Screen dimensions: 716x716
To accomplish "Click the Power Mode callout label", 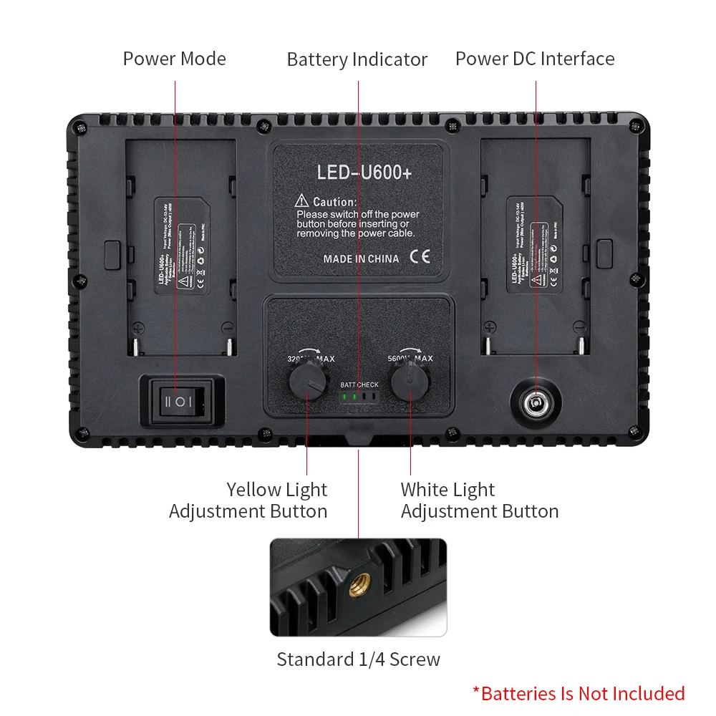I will [x=174, y=59].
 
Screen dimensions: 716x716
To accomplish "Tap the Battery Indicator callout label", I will [x=357, y=59].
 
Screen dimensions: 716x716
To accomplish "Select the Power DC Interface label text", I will [x=535, y=59].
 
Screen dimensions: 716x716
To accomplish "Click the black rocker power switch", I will [x=180, y=400].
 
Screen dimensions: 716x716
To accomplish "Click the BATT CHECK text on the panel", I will [x=359, y=385].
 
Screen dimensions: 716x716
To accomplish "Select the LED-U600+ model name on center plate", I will [x=364, y=173].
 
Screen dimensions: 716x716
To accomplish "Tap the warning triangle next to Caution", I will [x=301, y=202].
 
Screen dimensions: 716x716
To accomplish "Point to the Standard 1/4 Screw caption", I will [x=358, y=659].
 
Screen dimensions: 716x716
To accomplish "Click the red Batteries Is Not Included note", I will [x=579, y=693].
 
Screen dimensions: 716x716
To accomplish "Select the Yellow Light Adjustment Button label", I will [x=248, y=500].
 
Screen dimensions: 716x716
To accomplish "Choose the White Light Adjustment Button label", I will [x=479, y=500].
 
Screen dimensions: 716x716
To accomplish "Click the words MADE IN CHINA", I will [x=361, y=258].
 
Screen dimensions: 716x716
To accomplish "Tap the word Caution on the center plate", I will [x=334, y=203].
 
